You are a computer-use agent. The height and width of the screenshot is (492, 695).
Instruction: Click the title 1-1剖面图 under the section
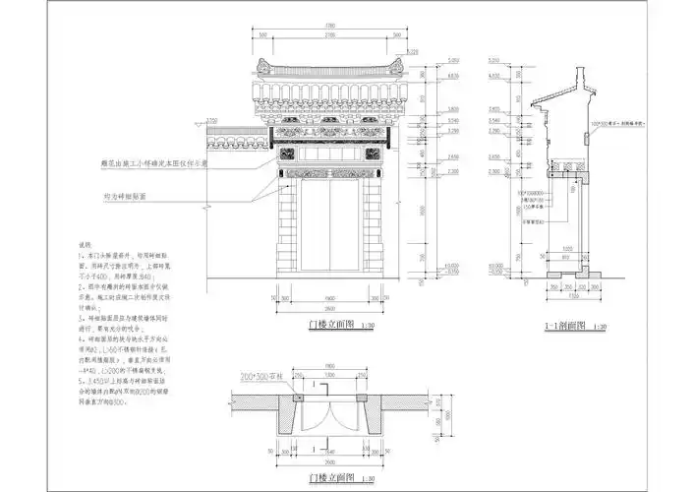click(558, 323)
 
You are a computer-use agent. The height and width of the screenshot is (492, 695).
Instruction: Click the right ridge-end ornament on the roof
click(395, 68)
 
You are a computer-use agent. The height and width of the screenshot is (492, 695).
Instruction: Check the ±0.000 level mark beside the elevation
click(452, 265)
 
